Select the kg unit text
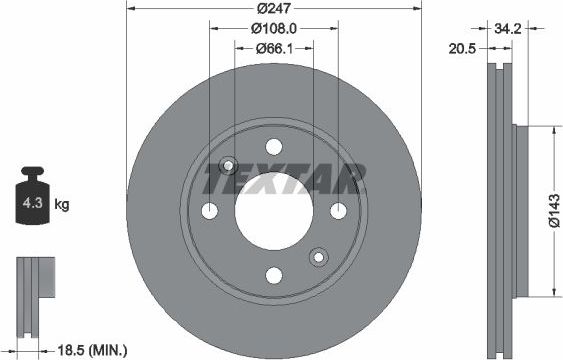(62, 205)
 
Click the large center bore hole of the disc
(274, 211)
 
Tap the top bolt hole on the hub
(274, 147)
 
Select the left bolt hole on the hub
(210, 211)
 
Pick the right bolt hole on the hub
(339, 211)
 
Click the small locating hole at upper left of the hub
(228, 166)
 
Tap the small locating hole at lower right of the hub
(320, 257)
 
